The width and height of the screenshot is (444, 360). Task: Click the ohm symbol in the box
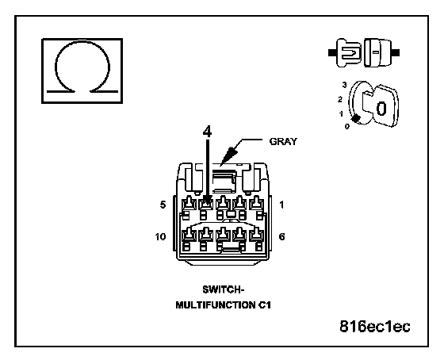point(55,68)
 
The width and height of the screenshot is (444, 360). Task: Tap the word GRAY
point(283,141)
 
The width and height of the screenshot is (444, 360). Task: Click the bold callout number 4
point(207,132)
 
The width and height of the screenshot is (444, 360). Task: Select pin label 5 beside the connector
point(163,205)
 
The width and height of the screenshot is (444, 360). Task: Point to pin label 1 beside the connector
point(281,205)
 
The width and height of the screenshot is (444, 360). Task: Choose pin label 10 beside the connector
point(160,236)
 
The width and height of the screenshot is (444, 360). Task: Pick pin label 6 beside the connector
point(281,236)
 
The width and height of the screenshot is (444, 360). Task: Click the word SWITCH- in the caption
point(224,289)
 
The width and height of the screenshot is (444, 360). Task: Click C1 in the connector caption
point(265,305)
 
